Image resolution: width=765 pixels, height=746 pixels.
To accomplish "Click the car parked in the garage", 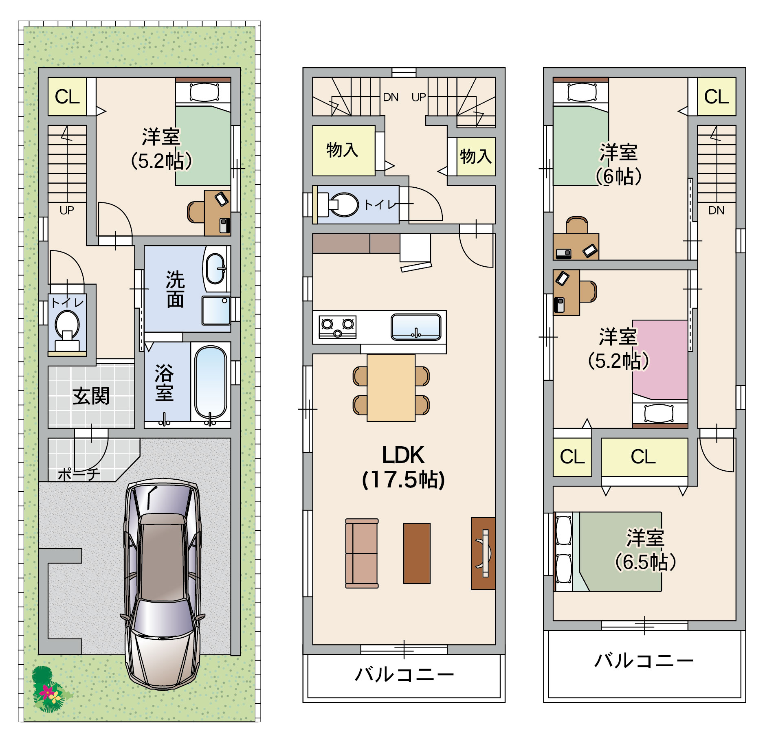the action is pyautogui.click(x=163, y=584).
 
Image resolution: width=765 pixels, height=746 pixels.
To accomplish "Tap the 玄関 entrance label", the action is pyautogui.click(x=91, y=396).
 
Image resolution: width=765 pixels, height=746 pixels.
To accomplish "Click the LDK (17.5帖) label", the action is pyautogui.click(x=403, y=467).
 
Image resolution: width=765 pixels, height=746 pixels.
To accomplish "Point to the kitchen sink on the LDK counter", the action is pyautogui.click(x=416, y=327).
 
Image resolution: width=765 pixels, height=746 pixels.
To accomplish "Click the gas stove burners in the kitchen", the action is pyautogui.click(x=337, y=327).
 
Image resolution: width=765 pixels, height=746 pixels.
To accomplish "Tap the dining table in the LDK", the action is pyautogui.click(x=391, y=388).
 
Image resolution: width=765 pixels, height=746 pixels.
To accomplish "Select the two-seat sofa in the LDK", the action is pyautogui.click(x=362, y=553).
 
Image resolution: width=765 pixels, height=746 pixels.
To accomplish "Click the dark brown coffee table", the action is pyautogui.click(x=417, y=553).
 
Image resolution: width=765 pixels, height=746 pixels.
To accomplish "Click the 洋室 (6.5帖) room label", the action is pyautogui.click(x=645, y=550).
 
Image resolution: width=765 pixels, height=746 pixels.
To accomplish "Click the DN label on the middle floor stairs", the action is pyautogui.click(x=391, y=97).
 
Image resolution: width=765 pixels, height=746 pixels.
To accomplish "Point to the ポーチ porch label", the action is pyautogui.click(x=79, y=474).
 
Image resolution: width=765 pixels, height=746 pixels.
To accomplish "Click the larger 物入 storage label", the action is pyautogui.click(x=342, y=150).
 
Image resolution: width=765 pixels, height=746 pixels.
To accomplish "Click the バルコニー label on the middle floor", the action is pyautogui.click(x=404, y=674).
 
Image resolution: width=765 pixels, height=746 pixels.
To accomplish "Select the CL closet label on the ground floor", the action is pyautogui.click(x=67, y=97).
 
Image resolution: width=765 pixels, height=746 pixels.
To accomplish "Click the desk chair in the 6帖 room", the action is pyautogui.click(x=577, y=225).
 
